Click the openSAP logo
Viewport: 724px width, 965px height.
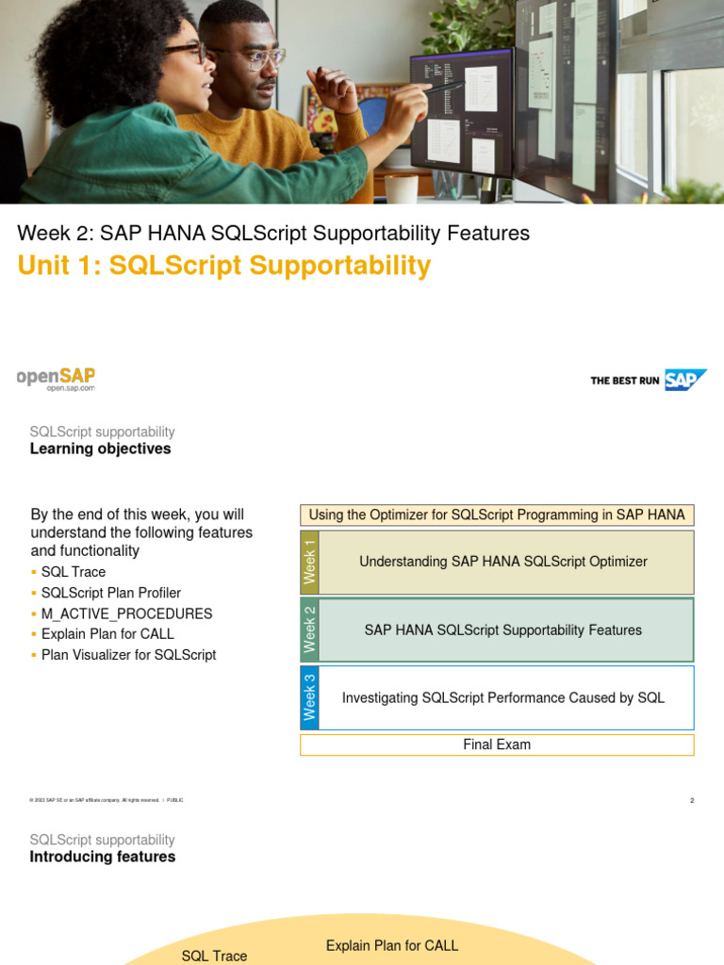pyautogui.click(x=56, y=379)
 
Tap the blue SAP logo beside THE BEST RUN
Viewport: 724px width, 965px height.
pyautogui.click(x=684, y=380)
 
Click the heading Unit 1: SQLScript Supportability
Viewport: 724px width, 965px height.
pyautogui.click(x=223, y=266)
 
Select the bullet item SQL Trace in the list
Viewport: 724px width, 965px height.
pyautogui.click(x=74, y=572)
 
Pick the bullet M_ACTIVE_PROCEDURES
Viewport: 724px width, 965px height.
pyautogui.click(x=126, y=613)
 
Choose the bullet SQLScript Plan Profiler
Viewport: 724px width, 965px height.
pyautogui.click(x=111, y=593)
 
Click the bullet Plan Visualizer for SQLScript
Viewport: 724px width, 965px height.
pyautogui.click(x=128, y=655)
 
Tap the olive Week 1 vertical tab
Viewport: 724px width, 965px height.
pyautogui.click(x=309, y=562)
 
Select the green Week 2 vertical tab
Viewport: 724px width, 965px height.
pyautogui.click(x=309, y=630)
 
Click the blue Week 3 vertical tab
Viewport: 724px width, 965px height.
pyautogui.click(x=309, y=697)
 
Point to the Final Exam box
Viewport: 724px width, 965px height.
pyautogui.click(x=497, y=744)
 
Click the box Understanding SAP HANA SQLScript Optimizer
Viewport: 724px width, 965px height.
pyautogui.click(x=503, y=562)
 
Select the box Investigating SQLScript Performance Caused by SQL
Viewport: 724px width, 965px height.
pyautogui.click(x=503, y=698)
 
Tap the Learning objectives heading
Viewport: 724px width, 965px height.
pyautogui.click(x=100, y=449)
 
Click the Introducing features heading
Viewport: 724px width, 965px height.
pyautogui.click(x=102, y=857)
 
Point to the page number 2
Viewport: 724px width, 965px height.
pyautogui.click(x=692, y=800)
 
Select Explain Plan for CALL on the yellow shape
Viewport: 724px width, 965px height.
pyautogui.click(x=392, y=945)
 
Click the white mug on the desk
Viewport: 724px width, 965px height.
pyautogui.click(x=401, y=188)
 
